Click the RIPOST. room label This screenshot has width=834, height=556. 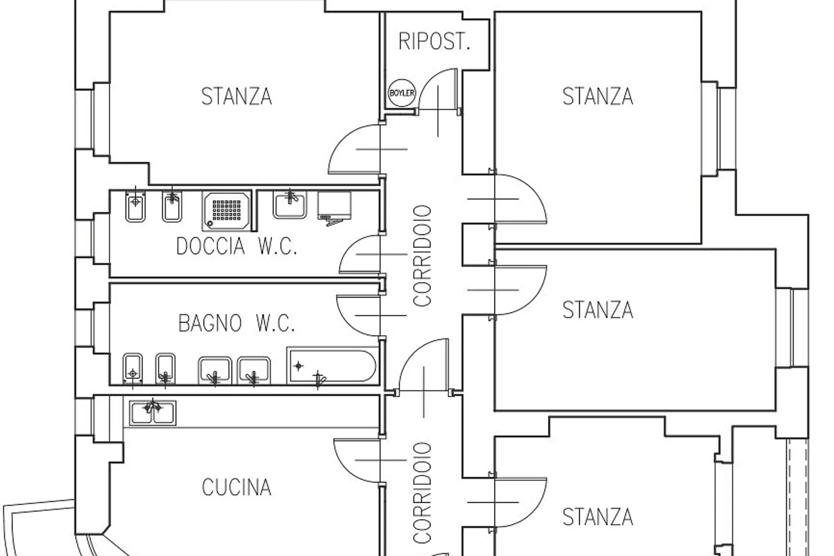434,42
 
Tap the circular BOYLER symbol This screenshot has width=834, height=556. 402,93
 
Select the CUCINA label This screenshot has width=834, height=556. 237,487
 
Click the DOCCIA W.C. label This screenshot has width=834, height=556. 237,246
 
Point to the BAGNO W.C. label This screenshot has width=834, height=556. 237,323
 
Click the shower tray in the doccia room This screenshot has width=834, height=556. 227,210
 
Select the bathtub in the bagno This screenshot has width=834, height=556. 332,365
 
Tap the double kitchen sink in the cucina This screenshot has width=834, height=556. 153,413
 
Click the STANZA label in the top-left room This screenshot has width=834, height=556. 237,97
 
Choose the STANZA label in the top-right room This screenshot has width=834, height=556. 598,97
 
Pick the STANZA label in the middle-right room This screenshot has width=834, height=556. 598,310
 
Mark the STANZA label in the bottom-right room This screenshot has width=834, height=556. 598,517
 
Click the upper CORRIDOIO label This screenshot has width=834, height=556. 422,256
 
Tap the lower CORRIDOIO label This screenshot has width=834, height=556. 422,493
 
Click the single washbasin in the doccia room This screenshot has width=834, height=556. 290,205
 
